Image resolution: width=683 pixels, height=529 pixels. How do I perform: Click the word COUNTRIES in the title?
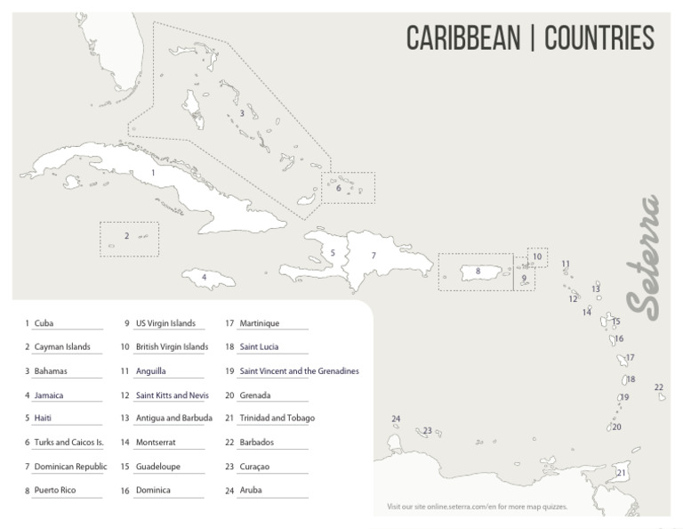599,38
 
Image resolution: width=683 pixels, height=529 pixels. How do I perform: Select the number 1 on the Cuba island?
153,172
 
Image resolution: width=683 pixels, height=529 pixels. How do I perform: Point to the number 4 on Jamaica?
205,277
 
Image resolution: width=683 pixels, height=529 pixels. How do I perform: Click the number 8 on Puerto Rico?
478,271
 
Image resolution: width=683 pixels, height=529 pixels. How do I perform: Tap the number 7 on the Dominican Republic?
374,256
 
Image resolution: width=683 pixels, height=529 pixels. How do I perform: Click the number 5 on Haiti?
333,253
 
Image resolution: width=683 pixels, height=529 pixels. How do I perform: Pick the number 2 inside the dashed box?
126,236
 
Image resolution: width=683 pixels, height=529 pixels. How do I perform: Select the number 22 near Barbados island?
658,387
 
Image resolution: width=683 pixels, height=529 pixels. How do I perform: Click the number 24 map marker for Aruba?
396,419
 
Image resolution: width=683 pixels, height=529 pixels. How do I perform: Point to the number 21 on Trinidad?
621,472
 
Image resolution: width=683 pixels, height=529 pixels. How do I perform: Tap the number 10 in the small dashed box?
536,256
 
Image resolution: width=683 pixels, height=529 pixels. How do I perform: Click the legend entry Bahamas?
51,370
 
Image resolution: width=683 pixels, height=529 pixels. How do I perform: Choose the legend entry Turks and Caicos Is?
68,443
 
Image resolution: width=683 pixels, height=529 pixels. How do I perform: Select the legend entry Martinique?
259,323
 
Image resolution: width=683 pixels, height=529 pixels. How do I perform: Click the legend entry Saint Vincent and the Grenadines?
299,370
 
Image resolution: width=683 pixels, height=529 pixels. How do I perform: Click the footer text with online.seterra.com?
477,507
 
